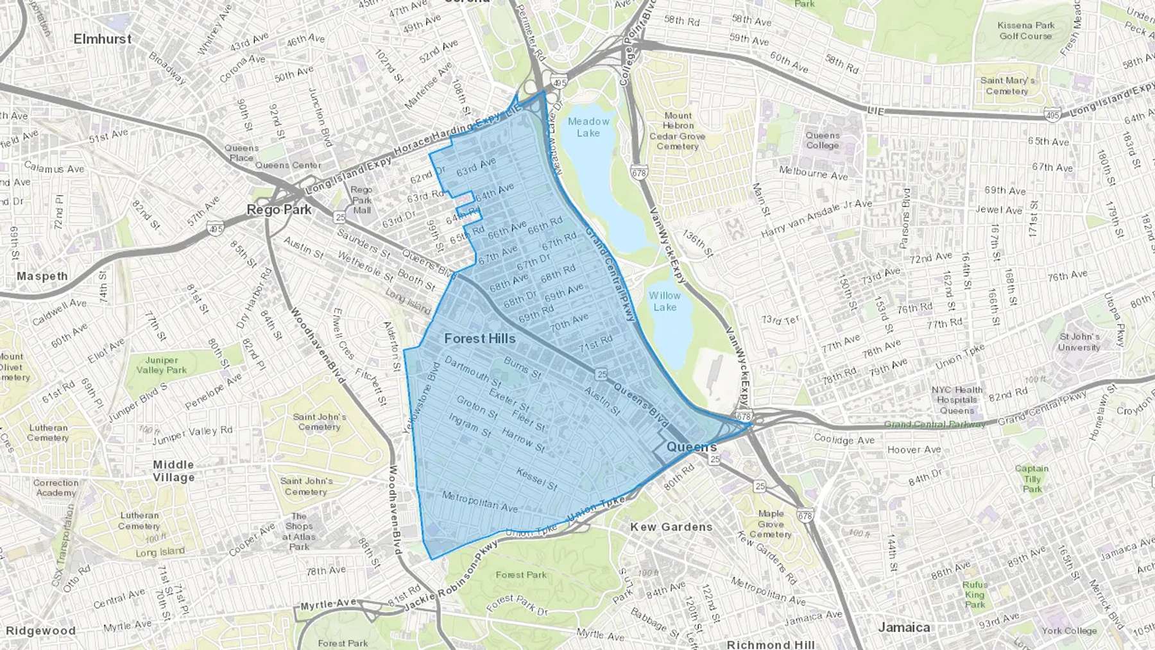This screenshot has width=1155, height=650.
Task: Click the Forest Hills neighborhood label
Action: [x=479, y=339]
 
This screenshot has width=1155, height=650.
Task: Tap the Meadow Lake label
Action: [x=588, y=127]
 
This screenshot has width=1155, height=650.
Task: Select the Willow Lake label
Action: [x=664, y=302]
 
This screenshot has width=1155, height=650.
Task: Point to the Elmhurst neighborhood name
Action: [x=102, y=39]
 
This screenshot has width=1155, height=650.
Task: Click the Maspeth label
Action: [x=42, y=277]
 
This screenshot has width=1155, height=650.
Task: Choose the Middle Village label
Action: [x=173, y=471]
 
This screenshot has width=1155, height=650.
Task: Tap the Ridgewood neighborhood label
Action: [x=40, y=631]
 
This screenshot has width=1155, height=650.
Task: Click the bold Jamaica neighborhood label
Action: [x=903, y=628]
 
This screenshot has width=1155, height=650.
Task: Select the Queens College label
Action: [x=823, y=141]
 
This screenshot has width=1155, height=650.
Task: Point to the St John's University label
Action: [x=1079, y=342]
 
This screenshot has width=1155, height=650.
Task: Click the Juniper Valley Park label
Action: [x=161, y=365]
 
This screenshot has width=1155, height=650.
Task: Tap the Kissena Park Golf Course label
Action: [x=1025, y=31]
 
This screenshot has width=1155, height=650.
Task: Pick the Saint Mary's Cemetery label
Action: [x=1007, y=86]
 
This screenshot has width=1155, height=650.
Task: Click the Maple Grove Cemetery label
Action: [x=771, y=524]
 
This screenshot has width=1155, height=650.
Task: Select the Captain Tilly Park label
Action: [x=1032, y=479]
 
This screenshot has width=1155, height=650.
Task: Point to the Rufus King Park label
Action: [x=974, y=594]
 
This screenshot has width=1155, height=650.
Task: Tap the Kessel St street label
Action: [x=536, y=479]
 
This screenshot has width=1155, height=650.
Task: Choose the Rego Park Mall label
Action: [x=361, y=200]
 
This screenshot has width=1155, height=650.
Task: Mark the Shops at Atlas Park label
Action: [x=299, y=531]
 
